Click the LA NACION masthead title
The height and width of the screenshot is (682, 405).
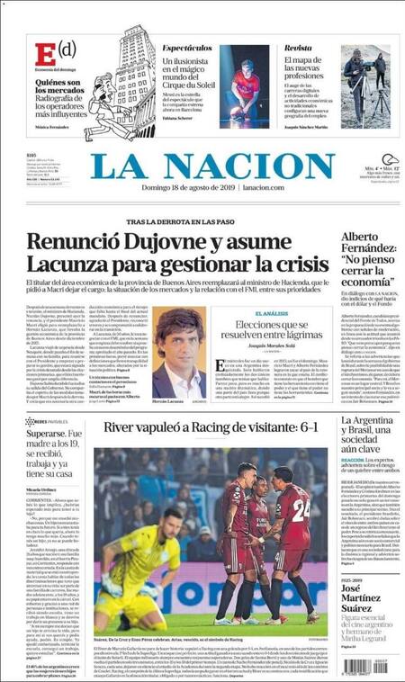(212, 166)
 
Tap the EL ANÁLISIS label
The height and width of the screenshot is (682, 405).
(270, 313)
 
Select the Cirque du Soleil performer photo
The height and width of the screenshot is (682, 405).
(245, 87)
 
